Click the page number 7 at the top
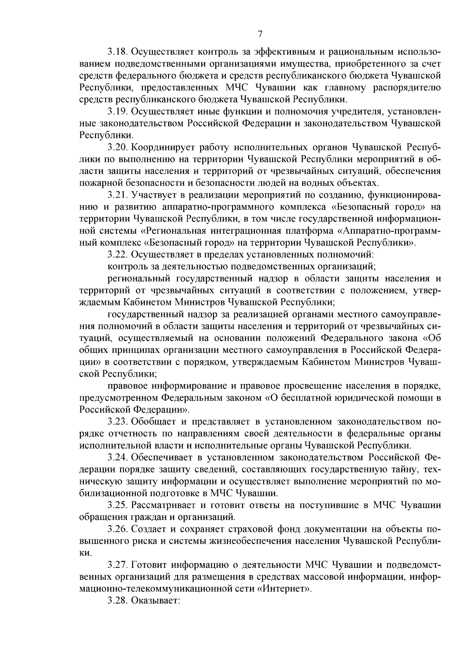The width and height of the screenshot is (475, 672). coord(260,34)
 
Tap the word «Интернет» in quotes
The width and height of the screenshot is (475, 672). coord(284,589)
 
